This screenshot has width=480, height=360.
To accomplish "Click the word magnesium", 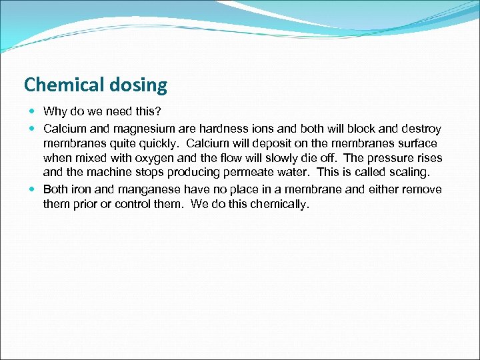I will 143,128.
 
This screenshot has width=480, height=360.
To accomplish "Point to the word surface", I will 417,143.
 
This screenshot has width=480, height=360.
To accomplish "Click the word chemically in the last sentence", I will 278,205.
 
